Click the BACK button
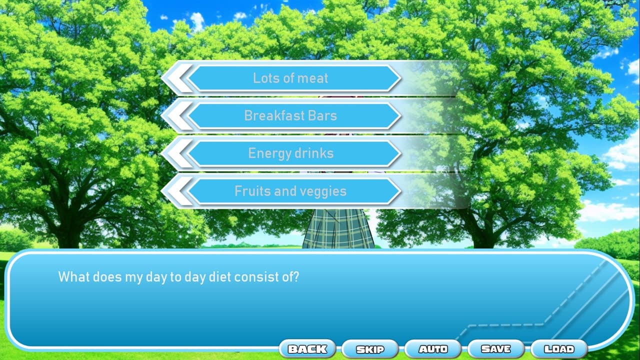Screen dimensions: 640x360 coord(307,349)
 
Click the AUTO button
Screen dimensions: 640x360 coord(433,349)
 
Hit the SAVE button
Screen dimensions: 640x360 coord(496,349)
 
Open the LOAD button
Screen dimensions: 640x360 coord(559,349)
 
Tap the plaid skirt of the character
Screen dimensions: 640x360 coord(338,228)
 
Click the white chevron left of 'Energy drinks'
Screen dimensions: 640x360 coord(177,153)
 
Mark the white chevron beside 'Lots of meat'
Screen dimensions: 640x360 coord(177,78)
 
